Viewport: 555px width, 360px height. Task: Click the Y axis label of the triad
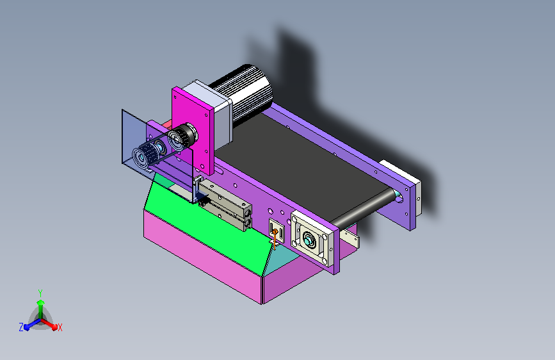click(40, 293)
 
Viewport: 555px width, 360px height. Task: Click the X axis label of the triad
click(60, 328)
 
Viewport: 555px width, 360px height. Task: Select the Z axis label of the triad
click(21, 327)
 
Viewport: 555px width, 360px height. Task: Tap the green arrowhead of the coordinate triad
click(41, 302)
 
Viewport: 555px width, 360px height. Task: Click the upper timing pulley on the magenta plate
click(181, 136)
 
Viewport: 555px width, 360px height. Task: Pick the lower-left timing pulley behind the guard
click(145, 156)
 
